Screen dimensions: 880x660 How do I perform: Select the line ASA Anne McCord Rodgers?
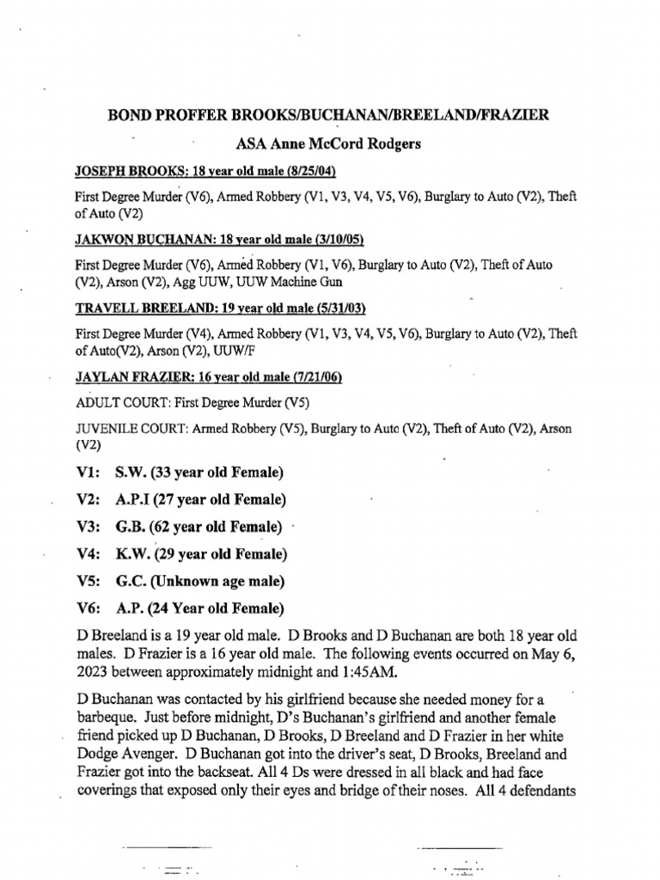(329, 144)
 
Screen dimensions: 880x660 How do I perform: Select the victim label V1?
(89, 472)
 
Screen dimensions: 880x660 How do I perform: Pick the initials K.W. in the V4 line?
(133, 554)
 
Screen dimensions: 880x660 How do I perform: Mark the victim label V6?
(89, 609)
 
